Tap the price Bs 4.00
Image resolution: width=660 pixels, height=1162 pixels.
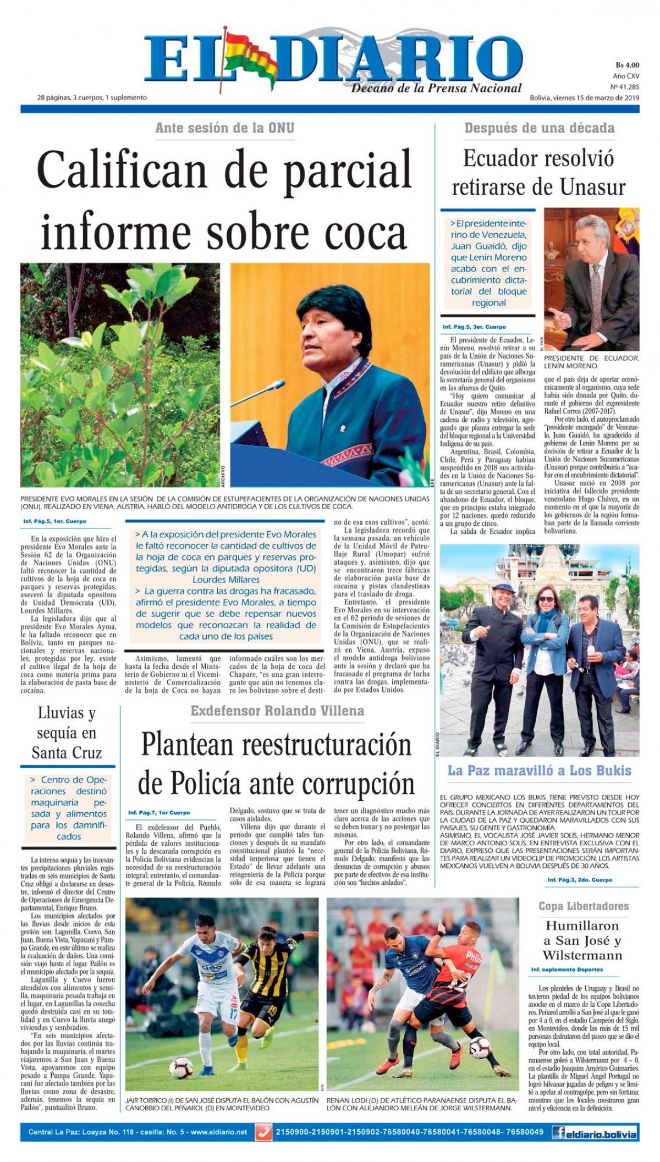626,65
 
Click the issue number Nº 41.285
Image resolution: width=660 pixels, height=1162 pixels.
625,87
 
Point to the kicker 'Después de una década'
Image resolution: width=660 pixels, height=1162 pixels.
539,128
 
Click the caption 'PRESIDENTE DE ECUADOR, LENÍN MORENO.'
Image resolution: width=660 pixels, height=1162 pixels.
591,362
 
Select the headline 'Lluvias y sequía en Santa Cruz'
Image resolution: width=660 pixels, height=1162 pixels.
67,733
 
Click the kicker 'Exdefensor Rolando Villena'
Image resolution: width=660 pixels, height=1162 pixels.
277,711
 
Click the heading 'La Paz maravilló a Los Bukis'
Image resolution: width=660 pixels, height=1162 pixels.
539,770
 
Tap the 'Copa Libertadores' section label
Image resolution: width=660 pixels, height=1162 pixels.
583,906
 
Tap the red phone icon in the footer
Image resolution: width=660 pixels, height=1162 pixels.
265,1132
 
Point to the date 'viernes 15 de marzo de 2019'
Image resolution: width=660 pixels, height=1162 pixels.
592,98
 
